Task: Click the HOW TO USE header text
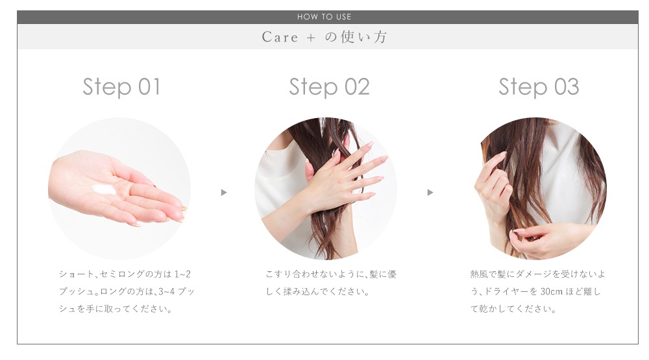[324, 17]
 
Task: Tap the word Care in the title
[280, 37]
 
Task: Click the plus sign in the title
[312, 38]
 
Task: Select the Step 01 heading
[121, 87]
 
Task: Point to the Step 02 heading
[329, 87]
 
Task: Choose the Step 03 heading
[539, 87]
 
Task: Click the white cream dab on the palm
[104, 189]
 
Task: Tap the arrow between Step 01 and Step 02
[224, 193]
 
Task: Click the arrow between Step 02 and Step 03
[430, 193]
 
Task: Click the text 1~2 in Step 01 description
[182, 274]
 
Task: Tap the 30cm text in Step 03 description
[551, 291]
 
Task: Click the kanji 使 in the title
[348, 37]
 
